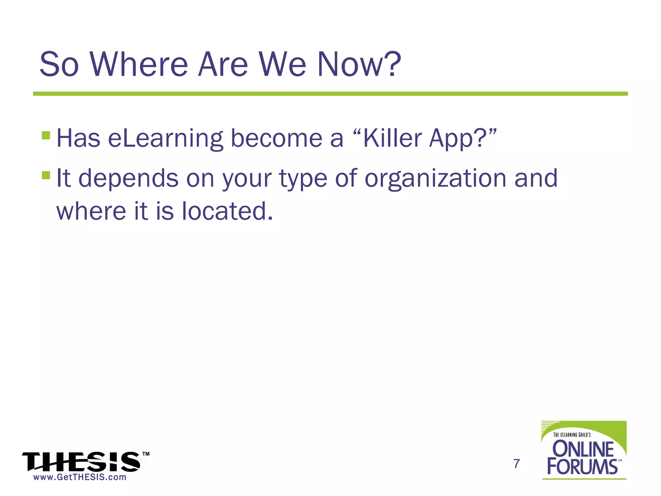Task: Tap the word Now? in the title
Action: (359, 65)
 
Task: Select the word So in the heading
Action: (59, 65)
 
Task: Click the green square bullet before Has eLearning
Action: (46, 135)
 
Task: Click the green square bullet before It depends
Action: (46, 175)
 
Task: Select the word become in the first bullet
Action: (277, 138)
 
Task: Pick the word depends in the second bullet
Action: (128, 179)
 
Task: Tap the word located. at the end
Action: (227, 212)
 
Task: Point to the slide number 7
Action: (516, 464)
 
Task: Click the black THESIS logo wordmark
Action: (81, 462)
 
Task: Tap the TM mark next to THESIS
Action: (146, 454)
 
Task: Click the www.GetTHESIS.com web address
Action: (80, 477)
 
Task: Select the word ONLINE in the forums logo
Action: (583, 449)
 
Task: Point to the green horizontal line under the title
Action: (330, 94)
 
